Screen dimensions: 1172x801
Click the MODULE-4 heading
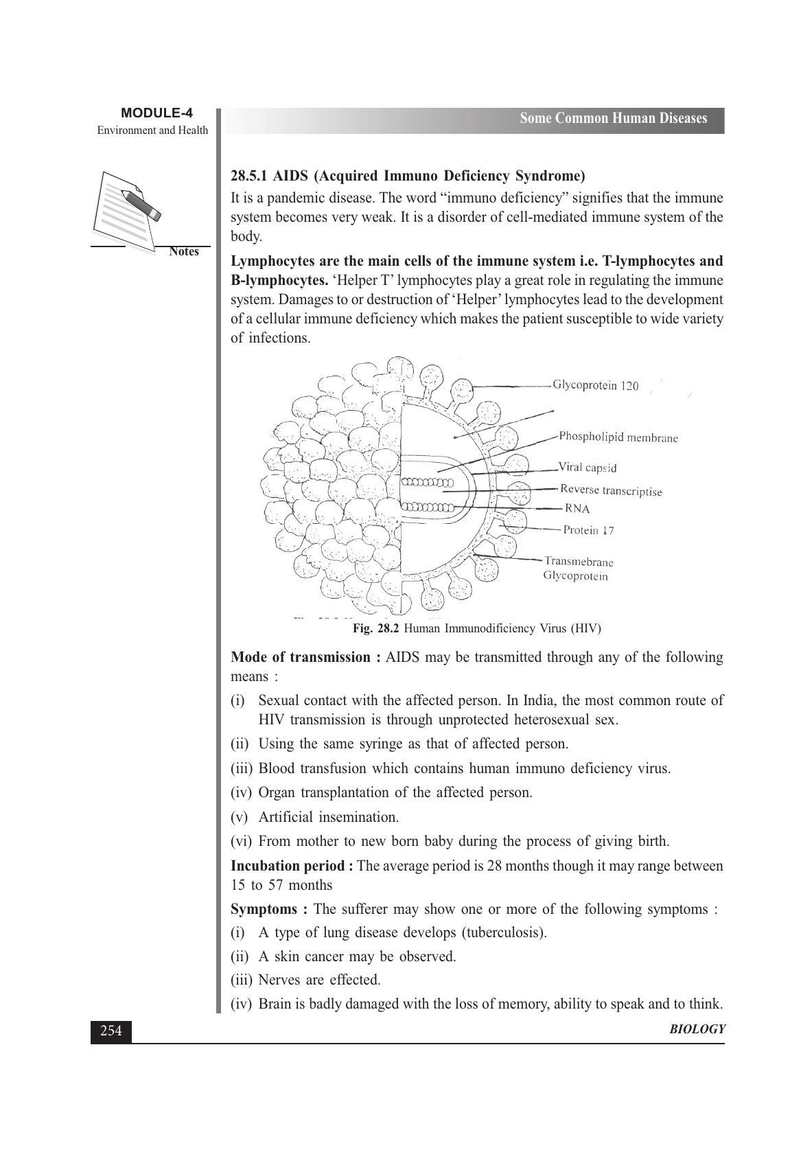pyautogui.click(x=156, y=113)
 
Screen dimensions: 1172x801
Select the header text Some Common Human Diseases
pyautogui.click(x=613, y=119)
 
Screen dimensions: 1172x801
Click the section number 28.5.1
pyautogui.click(x=250, y=176)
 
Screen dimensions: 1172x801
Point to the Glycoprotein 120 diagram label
pyautogui.click(x=595, y=386)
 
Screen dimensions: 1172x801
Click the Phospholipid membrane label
pyautogui.click(x=618, y=437)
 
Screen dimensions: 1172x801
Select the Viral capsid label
pyautogui.click(x=588, y=468)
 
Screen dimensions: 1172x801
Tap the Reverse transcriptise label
pyautogui.click(x=611, y=490)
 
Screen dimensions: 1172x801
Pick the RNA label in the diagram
pyautogui.click(x=577, y=509)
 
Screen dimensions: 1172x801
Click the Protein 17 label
pyautogui.click(x=588, y=530)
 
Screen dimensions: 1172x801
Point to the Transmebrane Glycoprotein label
pyautogui.click(x=578, y=568)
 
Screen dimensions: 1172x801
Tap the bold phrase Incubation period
pyautogui.click(x=292, y=866)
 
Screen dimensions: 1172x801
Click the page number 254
pyautogui.click(x=111, y=1031)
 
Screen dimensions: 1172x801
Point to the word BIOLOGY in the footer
pyautogui.click(x=697, y=1029)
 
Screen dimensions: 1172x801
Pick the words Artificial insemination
pyautogui.click(x=328, y=817)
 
